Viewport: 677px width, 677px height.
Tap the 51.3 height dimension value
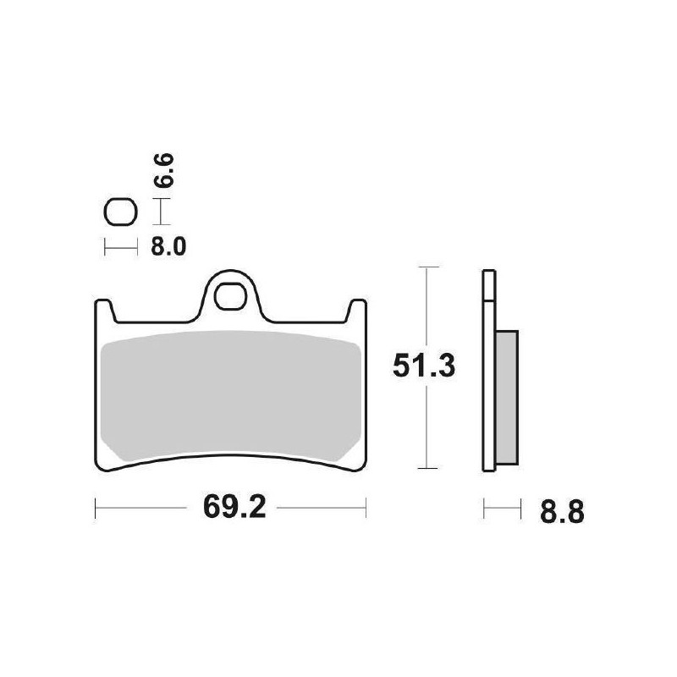424,366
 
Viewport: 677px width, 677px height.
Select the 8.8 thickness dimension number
559,512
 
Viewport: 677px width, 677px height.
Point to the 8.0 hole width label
168,247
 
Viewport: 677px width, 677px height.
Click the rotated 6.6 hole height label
167,169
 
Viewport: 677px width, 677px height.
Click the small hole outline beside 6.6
119,212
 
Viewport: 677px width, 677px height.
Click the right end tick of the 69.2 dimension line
366,509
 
